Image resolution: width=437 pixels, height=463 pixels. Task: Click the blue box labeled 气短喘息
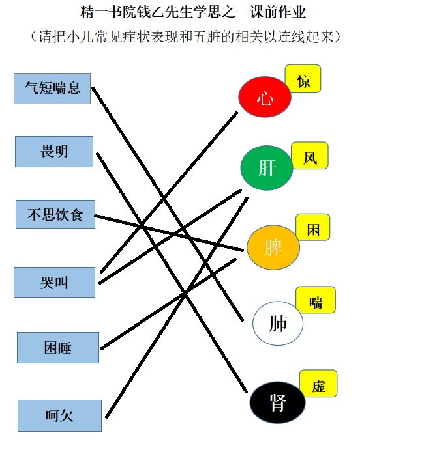click(52, 89)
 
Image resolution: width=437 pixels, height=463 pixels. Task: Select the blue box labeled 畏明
click(54, 152)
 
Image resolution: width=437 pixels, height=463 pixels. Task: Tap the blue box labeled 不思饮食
click(55, 214)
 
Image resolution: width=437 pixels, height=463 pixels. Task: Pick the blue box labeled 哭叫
click(54, 282)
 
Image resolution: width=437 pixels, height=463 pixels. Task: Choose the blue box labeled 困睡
click(58, 348)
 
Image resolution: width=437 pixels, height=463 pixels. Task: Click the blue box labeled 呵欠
click(60, 415)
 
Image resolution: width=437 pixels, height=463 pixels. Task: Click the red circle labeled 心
click(265, 97)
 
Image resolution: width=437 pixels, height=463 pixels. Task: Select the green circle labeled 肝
click(267, 168)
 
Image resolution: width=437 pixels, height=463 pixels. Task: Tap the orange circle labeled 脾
click(273, 247)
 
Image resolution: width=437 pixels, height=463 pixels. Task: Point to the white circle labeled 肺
click(278, 324)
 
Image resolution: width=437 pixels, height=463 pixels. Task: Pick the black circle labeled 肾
click(278, 402)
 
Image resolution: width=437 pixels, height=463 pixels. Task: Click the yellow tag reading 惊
click(303, 79)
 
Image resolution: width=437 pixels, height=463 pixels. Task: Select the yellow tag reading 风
click(310, 156)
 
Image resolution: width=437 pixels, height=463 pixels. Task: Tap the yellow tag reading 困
click(313, 227)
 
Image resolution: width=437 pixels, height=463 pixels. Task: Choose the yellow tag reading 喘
click(316, 300)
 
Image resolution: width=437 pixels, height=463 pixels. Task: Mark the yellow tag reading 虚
click(318, 384)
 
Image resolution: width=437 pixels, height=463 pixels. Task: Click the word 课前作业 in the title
click(278, 12)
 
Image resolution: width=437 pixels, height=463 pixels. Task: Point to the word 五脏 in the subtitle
click(207, 37)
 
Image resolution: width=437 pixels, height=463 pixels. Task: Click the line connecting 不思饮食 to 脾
click(169, 233)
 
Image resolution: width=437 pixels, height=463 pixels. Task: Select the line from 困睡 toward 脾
click(168, 304)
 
